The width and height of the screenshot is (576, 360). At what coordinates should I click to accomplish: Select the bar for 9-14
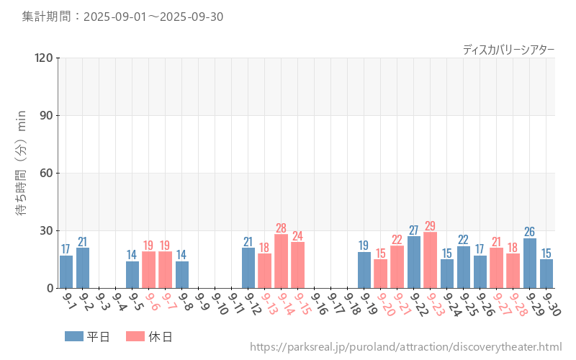[x=281, y=261]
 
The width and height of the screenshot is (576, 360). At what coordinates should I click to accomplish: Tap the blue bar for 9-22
[x=414, y=262]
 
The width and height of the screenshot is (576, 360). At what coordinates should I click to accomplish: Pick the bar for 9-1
[x=66, y=271]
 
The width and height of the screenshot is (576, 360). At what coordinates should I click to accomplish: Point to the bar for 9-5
[x=132, y=274]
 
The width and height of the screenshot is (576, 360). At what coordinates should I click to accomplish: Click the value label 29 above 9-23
[x=430, y=226]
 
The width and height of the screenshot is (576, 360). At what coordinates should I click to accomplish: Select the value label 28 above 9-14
[x=281, y=228]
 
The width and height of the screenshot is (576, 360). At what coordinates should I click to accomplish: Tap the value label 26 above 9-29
[x=530, y=232]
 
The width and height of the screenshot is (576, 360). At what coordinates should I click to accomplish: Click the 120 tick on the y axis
[x=44, y=58]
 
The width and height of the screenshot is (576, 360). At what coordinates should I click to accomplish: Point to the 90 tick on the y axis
[x=47, y=115]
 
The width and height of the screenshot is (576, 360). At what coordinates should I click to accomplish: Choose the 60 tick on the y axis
[x=47, y=173]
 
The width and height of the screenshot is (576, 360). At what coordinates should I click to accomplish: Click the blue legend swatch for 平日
[x=74, y=336]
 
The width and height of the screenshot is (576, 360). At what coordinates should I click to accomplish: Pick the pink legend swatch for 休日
[x=135, y=336]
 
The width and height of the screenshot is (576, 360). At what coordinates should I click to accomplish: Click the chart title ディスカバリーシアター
[x=508, y=49]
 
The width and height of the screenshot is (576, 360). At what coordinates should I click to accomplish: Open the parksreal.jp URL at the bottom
[x=405, y=347]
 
